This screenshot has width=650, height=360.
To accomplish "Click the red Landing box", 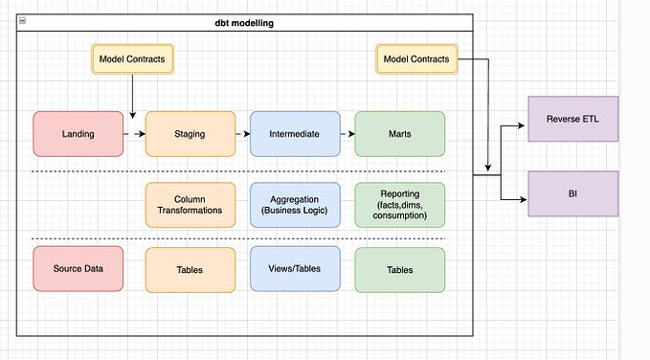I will (78, 134).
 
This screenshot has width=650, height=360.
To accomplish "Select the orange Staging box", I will (190, 134).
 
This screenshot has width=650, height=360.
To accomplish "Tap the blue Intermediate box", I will (295, 134).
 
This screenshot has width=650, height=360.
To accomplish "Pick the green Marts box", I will (399, 134).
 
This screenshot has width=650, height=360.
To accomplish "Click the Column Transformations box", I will (190, 204).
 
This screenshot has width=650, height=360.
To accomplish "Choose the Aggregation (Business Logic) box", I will (295, 204).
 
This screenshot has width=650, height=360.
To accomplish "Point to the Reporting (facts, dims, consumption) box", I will (399, 204).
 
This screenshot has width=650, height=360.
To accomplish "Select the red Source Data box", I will (78, 269).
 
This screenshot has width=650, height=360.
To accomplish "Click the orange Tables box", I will (190, 269).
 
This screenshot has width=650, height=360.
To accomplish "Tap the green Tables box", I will (399, 269).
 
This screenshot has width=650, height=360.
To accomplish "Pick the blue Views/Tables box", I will (295, 269).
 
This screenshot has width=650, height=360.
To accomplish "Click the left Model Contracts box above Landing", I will (132, 59).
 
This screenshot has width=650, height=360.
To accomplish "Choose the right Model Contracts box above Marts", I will (416, 59).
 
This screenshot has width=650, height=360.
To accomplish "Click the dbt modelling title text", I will (245, 22).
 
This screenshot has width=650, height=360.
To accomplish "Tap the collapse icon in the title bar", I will (23, 22).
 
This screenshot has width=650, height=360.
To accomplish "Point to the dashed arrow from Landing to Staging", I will (134, 134).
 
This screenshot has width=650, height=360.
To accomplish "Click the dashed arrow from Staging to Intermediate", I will (242, 134).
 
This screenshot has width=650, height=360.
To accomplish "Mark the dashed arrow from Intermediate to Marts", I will (347, 134).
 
